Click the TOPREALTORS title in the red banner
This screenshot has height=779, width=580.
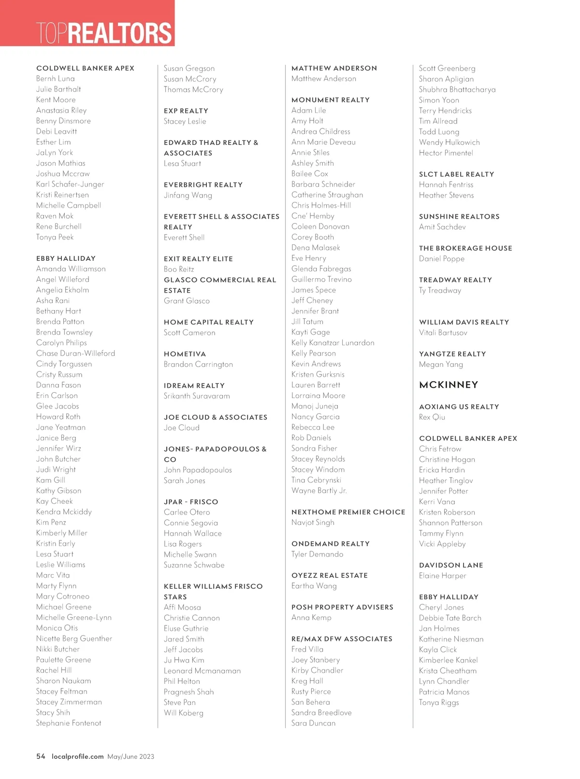(x=104, y=33)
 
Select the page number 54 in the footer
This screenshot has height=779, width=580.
(x=41, y=756)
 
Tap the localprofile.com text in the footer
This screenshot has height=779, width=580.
(x=77, y=756)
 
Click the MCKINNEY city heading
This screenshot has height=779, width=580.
(x=449, y=385)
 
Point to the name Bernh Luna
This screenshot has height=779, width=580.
(x=56, y=79)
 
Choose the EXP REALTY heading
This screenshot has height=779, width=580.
(x=186, y=111)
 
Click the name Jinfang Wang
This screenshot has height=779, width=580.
(x=188, y=195)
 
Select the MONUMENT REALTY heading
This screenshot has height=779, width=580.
(x=331, y=100)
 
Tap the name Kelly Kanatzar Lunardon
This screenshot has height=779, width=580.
(x=333, y=343)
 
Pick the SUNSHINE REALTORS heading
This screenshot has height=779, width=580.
(x=459, y=216)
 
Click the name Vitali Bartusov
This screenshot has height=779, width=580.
(x=443, y=333)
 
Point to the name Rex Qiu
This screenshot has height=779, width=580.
(x=432, y=417)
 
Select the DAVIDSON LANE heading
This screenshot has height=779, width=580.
(x=451, y=565)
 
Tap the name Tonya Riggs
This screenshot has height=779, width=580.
(x=439, y=703)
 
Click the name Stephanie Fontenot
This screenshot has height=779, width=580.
(x=69, y=723)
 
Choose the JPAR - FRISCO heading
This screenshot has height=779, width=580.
(x=191, y=502)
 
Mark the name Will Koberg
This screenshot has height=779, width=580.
(x=184, y=713)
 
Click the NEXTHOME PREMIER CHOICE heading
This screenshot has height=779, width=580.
(x=348, y=512)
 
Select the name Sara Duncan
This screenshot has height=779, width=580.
(x=313, y=723)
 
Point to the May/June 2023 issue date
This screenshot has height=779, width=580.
(x=131, y=757)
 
